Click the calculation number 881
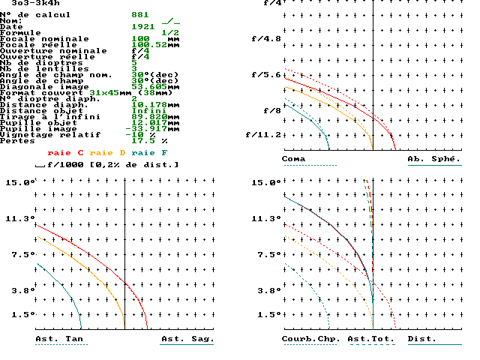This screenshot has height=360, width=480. pyautogui.click(x=140, y=14)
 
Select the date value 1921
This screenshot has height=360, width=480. pyautogui.click(x=143, y=26)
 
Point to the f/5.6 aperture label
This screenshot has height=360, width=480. pyautogui.click(x=265, y=74)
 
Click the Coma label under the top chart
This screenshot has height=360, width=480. pyautogui.click(x=293, y=159)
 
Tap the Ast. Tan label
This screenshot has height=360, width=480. pyautogui.click(x=59, y=339)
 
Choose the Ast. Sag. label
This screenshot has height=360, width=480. pyautogui.click(x=187, y=339)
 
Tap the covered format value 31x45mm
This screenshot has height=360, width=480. pyautogui.click(x=114, y=92)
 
